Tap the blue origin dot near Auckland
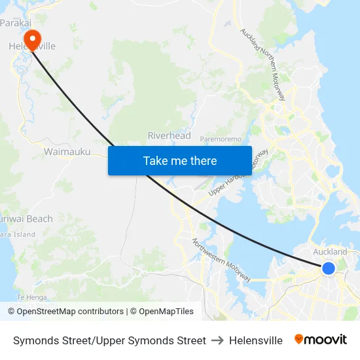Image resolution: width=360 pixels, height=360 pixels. (x=329, y=268)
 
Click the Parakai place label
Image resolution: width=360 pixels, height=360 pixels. (x=16, y=23)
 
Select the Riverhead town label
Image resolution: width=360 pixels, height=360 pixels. (x=169, y=135)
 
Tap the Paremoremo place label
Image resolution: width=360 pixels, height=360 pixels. (x=221, y=139)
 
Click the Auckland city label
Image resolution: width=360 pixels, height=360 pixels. (x=331, y=251)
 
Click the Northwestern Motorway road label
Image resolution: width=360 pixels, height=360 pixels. (x=221, y=260)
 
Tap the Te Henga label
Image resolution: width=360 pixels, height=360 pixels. (x=29, y=297)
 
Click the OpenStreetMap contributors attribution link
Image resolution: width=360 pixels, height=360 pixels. (x=70, y=312)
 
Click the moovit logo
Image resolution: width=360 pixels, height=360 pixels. (x=321, y=340)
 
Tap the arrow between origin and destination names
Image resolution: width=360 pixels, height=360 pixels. (x=217, y=340)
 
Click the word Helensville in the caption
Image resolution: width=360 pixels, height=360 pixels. (x=256, y=340)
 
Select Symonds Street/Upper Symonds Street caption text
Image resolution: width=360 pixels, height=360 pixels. (x=109, y=340)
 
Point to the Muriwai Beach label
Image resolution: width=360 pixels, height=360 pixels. (x=27, y=219)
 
